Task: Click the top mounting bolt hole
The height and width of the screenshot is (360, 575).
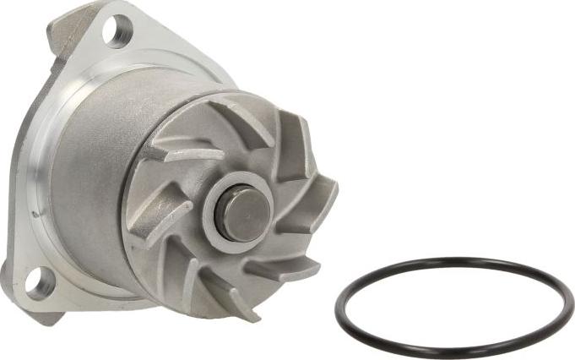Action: click(115, 31)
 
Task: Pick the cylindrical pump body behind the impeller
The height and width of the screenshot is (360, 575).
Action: click(93, 169)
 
